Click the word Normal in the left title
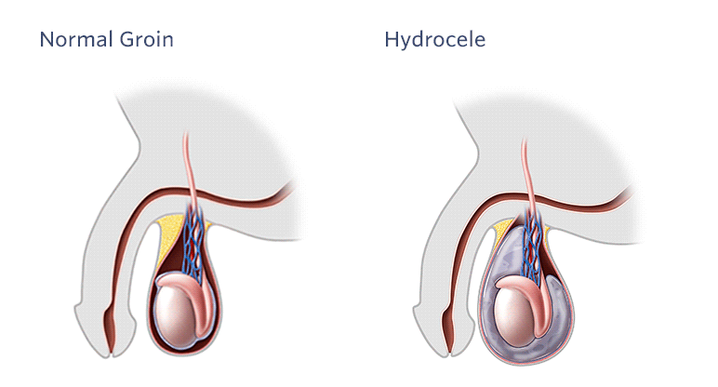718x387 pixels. click(76, 39)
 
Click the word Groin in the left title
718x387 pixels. click(147, 39)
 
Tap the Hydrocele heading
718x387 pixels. click(435, 40)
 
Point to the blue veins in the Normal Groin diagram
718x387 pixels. click(193, 245)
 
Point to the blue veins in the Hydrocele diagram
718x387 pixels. click(532, 247)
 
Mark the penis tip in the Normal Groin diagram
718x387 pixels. click(111, 351)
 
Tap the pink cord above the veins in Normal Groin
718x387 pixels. click(189, 169)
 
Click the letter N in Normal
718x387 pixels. click(47, 39)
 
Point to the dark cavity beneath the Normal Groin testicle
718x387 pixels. click(183, 351)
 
